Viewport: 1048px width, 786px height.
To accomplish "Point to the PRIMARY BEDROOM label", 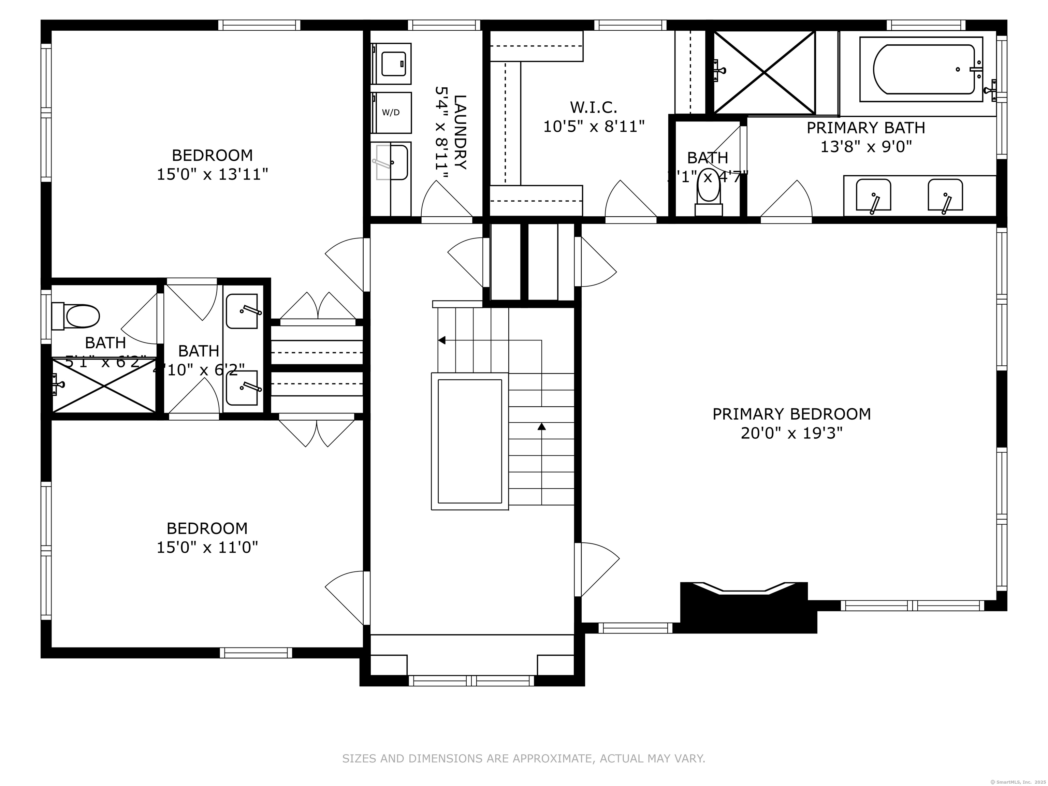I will (791, 414).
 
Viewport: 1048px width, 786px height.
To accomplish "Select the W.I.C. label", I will (593, 107).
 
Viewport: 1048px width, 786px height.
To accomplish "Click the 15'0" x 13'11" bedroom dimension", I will (212, 175).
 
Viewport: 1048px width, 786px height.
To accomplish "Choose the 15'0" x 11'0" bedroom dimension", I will (207, 548).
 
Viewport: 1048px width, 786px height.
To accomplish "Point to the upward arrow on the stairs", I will (541, 426).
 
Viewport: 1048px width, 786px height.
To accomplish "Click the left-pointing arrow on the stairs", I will (442, 340).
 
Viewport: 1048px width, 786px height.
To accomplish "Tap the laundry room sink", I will (391, 162).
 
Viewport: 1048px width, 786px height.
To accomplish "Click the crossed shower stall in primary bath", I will (764, 72).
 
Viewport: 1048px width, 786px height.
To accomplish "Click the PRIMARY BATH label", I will (865, 128).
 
